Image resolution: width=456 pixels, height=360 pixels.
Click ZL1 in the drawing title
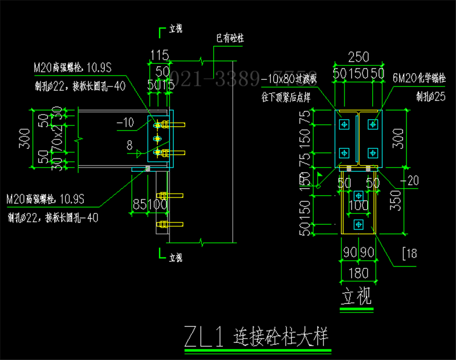203,337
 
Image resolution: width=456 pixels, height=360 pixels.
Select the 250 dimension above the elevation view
358,57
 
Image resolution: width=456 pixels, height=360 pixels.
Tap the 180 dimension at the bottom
358,273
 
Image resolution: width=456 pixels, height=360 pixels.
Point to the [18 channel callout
410,254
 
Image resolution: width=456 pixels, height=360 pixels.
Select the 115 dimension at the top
160,55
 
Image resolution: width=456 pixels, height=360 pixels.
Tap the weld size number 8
130,145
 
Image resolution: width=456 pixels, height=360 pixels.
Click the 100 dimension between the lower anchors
358,204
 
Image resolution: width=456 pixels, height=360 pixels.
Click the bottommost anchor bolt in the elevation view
358,224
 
